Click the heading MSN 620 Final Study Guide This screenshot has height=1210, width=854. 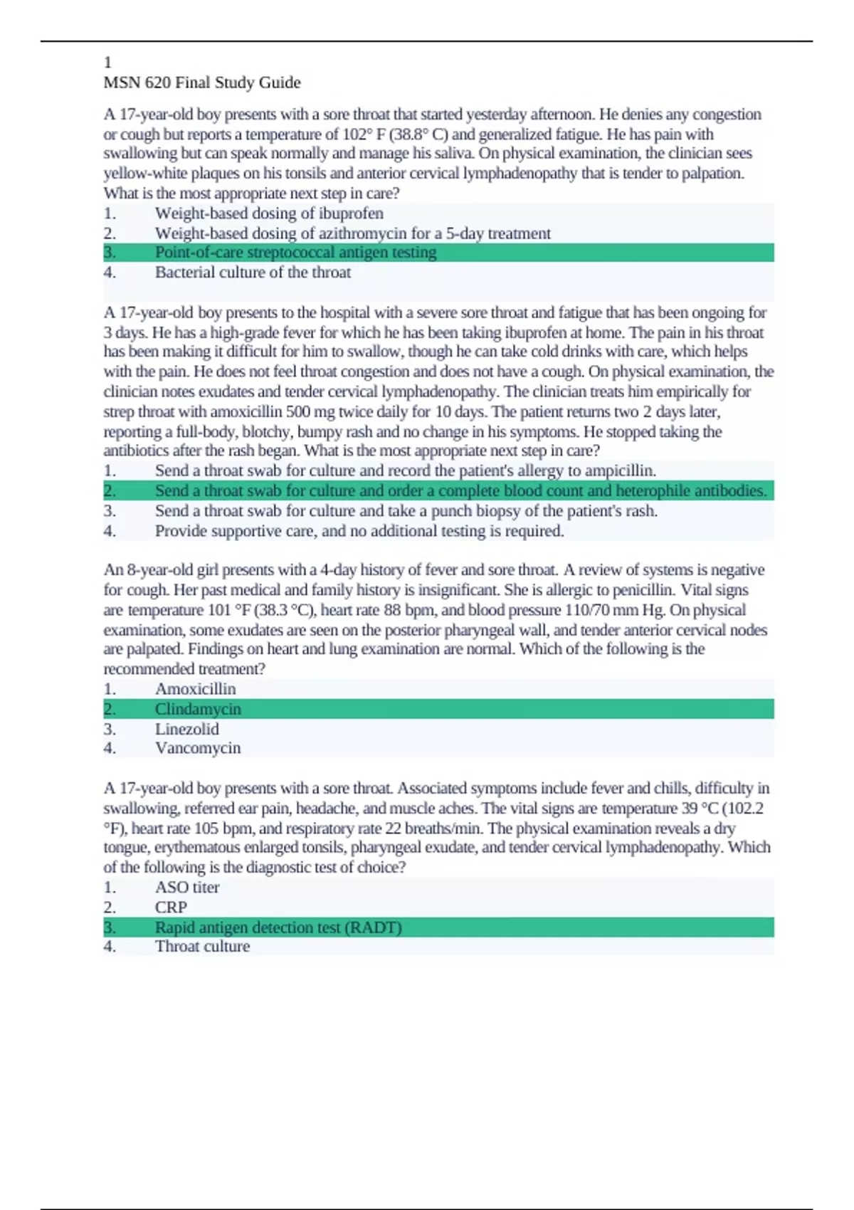point(202,83)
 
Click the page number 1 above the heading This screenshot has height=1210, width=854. point(107,63)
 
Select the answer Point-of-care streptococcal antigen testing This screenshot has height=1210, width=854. point(295,253)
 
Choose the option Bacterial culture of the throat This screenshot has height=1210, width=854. point(253,273)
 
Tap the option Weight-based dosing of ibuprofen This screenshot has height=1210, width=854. point(269,214)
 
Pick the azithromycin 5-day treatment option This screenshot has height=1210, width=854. point(352,233)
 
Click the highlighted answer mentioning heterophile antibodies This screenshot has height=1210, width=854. point(460,491)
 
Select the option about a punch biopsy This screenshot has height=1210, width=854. point(406,511)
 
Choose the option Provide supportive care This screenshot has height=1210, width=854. point(359,531)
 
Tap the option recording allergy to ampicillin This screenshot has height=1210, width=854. point(406,471)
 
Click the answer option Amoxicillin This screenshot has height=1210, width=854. point(195,689)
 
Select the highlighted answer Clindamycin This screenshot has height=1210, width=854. point(198,709)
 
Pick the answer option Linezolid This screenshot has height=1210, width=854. point(186,729)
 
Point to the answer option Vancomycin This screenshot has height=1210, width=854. point(198,748)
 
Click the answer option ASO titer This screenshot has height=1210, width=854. point(187,888)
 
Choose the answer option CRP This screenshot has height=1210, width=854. point(171,907)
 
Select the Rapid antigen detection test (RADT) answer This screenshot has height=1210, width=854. point(278,927)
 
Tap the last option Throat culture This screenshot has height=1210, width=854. point(202,947)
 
